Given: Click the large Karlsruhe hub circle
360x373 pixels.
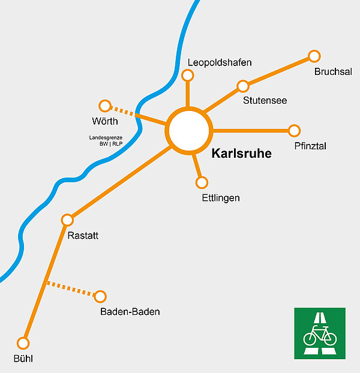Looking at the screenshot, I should point(190,130).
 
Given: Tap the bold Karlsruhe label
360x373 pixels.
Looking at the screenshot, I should point(241,154).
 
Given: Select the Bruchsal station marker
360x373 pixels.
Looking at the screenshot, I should point(314,56).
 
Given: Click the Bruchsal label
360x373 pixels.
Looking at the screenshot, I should point(333,73).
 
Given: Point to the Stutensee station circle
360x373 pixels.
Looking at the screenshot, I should point(243,86).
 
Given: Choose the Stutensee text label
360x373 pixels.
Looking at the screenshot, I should point(265,100).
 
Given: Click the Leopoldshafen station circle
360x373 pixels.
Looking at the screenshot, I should point(188,75).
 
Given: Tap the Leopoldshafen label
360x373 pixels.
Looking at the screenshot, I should point(220,62).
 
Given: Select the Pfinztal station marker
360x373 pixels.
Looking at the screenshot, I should point(294,130).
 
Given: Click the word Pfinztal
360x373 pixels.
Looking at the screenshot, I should point(310,146).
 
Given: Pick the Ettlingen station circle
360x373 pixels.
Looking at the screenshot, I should point(202,182).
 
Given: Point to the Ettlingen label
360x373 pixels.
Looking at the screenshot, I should point(221,198).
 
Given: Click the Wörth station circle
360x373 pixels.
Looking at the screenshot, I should point(105,106).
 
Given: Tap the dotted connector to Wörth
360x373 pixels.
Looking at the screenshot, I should point(124,112).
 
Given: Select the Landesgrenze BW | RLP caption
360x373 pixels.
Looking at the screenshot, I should point(106,141).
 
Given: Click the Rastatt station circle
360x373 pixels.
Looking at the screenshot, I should point(67,219).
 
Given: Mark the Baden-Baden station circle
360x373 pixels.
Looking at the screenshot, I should point(100,296).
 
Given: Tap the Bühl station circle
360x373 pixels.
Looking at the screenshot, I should point(23,343).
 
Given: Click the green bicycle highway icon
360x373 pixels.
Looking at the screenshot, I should point(320,333).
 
